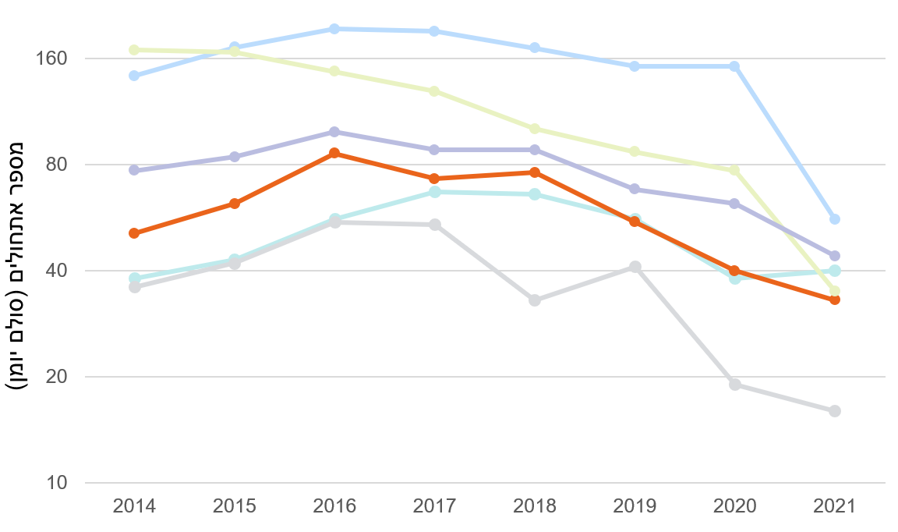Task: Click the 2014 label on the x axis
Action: point(134,505)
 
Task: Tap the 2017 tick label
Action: point(434,505)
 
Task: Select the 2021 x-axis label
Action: point(834,505)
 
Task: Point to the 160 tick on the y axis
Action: point(52,59)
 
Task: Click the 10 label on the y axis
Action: point(58,483)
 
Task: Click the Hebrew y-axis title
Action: point(17,265)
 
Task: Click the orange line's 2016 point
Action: point(334,153)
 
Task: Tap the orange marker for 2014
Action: point(134,233)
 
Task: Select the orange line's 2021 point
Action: point(835,300)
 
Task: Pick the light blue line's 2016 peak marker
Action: point(334,29)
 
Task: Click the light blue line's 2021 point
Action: point(835,219)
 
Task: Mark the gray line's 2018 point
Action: point(535,300)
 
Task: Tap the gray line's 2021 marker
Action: point(835,411)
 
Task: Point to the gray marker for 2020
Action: point(734,385)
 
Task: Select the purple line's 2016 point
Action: point(334,132)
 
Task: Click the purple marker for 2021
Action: point(835,256)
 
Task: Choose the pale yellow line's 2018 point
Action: point(535,129)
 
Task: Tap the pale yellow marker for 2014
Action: point(134,50)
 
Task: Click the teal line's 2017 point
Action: point(434,192)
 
